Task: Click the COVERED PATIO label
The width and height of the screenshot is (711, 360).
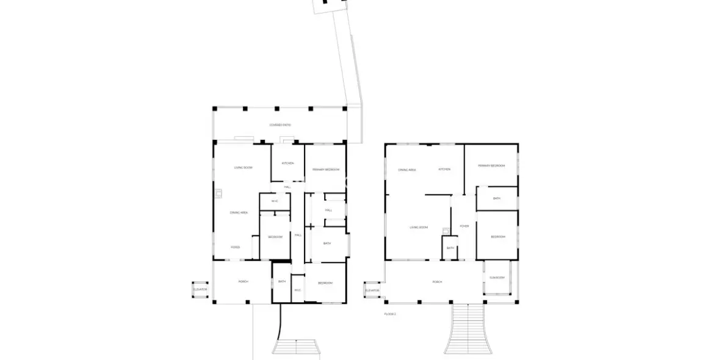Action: (280, 125)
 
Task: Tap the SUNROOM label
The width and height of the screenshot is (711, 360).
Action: (497, 278)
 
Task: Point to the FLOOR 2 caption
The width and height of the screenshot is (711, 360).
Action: (390, 314)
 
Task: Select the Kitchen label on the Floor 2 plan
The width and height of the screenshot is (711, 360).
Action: (444, 169)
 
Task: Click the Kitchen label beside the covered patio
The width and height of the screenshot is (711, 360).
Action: (287, 163)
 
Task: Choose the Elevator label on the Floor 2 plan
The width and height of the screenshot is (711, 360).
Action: (372, 290)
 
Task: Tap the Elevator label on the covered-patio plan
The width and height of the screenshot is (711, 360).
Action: (200, 289)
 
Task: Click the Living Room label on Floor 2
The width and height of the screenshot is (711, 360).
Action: (419, 228)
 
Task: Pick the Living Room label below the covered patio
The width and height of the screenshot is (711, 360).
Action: (244, 167)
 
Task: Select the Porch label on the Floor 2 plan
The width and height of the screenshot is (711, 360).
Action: (437, 282)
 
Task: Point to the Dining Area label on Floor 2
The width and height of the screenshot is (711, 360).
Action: (407, 170)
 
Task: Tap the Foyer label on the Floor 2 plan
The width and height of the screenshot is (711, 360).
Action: (464, 226)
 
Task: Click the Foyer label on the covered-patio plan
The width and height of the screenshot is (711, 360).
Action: (235, 247)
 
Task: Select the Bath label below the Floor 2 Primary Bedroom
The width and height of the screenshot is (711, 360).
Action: (497, 198)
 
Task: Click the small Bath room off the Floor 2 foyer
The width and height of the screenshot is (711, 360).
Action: (450, 247)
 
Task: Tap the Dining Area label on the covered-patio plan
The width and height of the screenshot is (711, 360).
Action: (239, 212)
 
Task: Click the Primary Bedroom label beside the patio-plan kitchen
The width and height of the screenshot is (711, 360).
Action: (325, 169)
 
